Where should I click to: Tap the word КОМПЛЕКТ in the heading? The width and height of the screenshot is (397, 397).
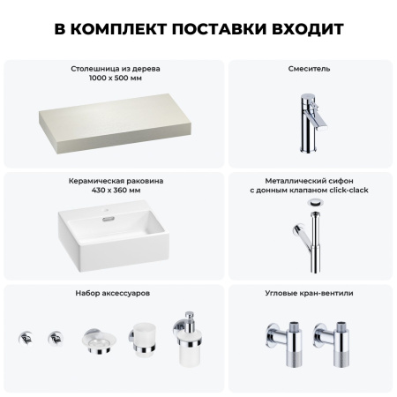click(121, 28)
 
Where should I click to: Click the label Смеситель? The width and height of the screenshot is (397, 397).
click(310, 68)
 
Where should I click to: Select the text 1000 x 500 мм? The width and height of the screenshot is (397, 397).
click(116, 78)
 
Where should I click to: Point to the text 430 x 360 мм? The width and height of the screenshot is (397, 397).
click(116, 191)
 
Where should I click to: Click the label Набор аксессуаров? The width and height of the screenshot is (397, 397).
click(116, 292)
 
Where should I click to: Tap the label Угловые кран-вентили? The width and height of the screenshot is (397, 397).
click(310, 292)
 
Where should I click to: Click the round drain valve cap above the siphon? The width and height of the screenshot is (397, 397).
click(316, 204)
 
